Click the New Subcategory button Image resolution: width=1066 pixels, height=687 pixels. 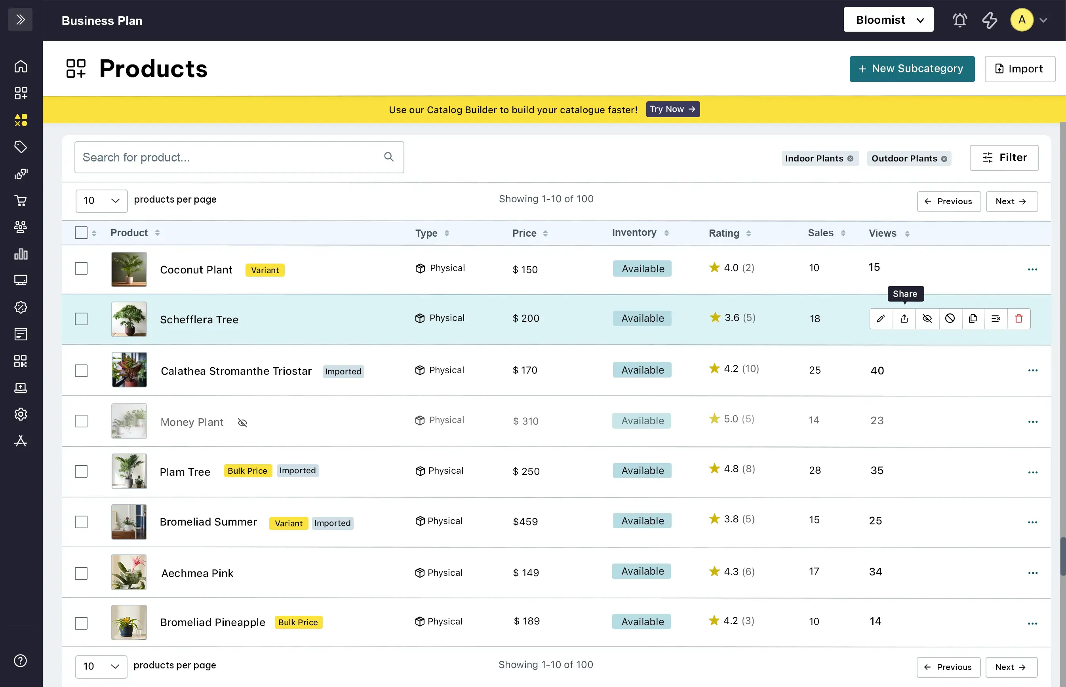912,69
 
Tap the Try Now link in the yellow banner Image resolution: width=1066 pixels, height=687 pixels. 673,109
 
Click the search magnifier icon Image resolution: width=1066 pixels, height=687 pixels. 389,157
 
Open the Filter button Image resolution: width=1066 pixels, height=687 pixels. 1004,158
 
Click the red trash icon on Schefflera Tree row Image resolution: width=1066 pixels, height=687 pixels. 1019,319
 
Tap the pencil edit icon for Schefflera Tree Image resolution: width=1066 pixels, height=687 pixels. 881,319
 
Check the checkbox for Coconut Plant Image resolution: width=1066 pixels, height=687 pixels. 81,269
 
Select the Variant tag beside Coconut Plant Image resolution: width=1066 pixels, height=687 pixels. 265,270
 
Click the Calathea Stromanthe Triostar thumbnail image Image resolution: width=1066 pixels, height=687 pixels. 129,370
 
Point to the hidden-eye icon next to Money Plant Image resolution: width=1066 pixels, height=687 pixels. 242,423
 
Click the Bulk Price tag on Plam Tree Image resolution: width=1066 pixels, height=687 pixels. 248,471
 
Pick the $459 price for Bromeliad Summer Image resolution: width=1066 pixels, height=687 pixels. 525,522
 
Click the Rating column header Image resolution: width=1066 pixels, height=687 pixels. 724,233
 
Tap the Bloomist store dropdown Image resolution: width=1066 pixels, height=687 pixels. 888,20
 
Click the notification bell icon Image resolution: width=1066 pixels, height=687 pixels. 960,20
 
